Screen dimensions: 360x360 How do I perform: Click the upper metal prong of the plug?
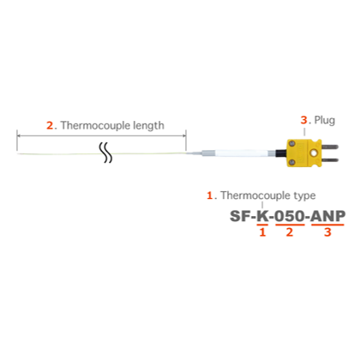tap(330, 147)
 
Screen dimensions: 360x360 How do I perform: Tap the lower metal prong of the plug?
tap(330, 159)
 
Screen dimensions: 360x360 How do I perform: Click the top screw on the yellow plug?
tap(291, 143)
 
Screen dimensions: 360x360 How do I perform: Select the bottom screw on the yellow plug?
tap(291, 163)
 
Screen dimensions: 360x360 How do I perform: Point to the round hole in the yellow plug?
tap(315, 153)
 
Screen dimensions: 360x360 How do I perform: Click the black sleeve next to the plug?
tap(280, 153)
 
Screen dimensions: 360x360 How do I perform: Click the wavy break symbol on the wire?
tap(105, 153)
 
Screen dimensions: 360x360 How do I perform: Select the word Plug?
tap(325, 120)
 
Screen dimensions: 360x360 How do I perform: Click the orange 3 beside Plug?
tap(303, 120)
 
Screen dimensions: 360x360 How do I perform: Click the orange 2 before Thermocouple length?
tap(50, 125)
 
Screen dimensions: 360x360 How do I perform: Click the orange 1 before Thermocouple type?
tap(210, 195)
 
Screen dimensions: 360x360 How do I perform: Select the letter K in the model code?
tap(262, 216)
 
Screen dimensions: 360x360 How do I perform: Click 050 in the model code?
tap(290, 216)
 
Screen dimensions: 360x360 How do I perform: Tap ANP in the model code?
tap(327, 216)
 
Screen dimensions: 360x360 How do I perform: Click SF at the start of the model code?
tap(240, 216)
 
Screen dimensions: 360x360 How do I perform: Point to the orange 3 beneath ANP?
tap(327, 232)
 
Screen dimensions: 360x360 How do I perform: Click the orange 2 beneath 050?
tap(290, 232)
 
